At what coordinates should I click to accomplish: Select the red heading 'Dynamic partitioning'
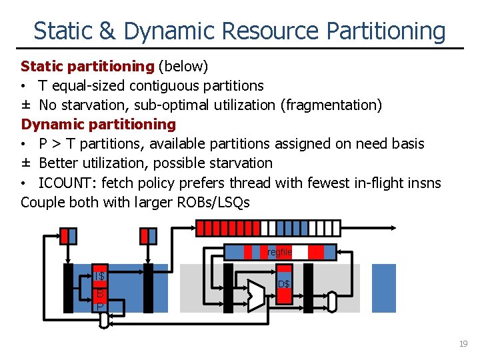pyautogui.click(x=99, y=124)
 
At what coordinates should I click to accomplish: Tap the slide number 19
pyautogui.click(x=463, y=343)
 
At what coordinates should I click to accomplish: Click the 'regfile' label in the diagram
pyautogui.click(x=280, y=252)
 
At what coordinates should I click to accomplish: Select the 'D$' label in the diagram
pyautogui.click(x=284, y=284)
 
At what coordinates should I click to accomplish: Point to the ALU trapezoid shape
pyautogui.click(x=256, y=294)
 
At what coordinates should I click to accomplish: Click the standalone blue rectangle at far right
pyautogui.click(x=383, y=287)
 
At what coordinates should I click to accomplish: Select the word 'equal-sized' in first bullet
pyautogui.click(x=89, y=85)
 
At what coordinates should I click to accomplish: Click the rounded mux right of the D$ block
pyautogui.click(x=331, y=301)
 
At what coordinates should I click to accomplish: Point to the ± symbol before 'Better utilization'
pyautogui.click(x=27, y=163)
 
